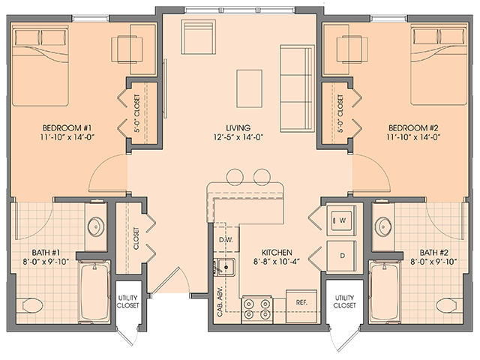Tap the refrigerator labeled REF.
tap(301, 302)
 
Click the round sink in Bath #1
tap(96, 226)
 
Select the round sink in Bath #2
tap(384, 226)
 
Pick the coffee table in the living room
tap(249, 88)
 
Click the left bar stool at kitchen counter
tap(235, 177)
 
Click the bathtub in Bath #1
tap(94, 292)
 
